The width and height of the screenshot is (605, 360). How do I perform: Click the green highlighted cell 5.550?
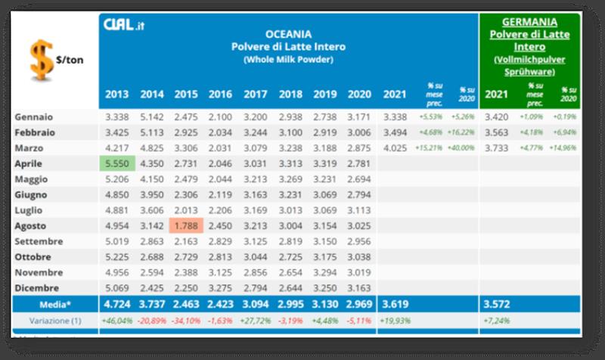pyautogui.click(x=117, y=163)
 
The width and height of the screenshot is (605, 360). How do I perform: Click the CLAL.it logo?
pyautogui.click(x=123, y=26)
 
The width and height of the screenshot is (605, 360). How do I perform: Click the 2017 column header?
pyautogui.click(x=255, y=95)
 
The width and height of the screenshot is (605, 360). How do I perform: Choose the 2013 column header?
pyautogui.click(x=117, y=95)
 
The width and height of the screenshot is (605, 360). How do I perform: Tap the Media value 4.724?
pyautogui.click(x=117, y=304)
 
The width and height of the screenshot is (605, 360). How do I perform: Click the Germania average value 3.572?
pyautogui.click(x=496, y=304)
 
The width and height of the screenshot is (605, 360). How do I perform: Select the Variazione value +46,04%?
pyautogui.click(x=117, y=321)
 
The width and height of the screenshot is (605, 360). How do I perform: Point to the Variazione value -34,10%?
pyautogui.click(x=187, y=321)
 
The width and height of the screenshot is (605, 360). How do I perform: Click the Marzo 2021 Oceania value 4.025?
pyautogui.click(x=396, y=147)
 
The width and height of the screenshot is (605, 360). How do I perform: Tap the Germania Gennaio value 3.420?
pyautogui.click(x=496, y=117)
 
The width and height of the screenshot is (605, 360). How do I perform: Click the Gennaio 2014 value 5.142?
pyautogui.click(x=152, y=117)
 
